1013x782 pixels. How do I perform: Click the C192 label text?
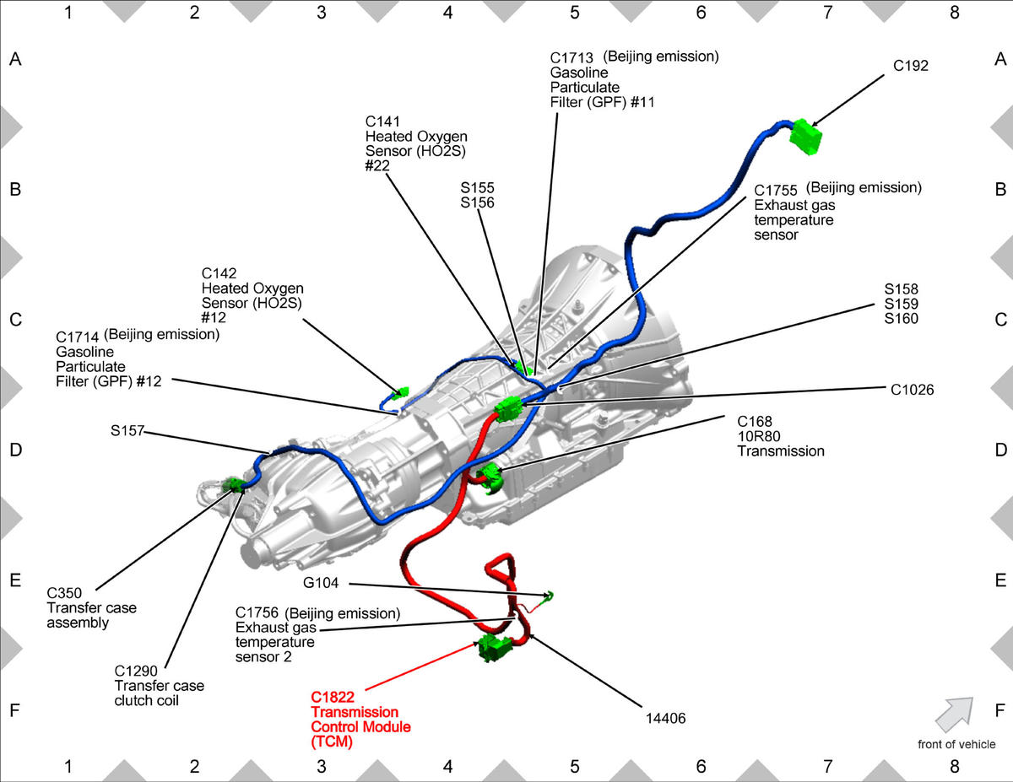coord(911,65)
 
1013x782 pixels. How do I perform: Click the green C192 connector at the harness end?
coord(806,137)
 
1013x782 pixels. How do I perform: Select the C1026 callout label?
coord(912,389)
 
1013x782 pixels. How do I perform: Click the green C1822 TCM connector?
coord(496,648)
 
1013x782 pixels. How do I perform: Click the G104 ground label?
coord(321,584)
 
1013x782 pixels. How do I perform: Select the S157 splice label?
coord(127,430)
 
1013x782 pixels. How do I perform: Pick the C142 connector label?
coord(219,273)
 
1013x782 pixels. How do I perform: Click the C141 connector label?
coord(382,121)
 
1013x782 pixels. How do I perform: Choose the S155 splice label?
coord(478,187)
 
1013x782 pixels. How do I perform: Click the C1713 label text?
coord(572,57)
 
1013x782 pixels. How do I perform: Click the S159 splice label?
coord(902,304)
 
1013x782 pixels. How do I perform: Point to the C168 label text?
coord(754,420)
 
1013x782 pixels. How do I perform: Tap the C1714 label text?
coord(77,336)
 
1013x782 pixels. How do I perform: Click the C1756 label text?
coord(257,612)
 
